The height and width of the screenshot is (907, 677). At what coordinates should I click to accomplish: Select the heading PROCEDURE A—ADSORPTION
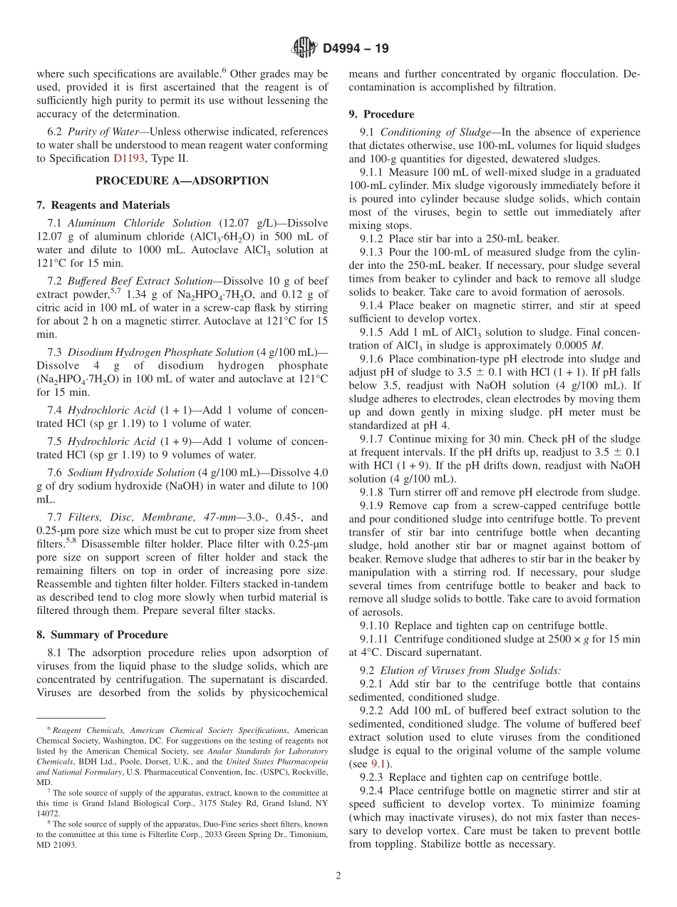click(182, 180)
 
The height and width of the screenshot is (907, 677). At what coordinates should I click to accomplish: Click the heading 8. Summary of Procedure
click(102, 635)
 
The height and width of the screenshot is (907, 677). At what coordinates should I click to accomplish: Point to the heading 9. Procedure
click(381, 114)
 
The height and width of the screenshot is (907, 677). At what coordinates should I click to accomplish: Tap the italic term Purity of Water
click(100, 132)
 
